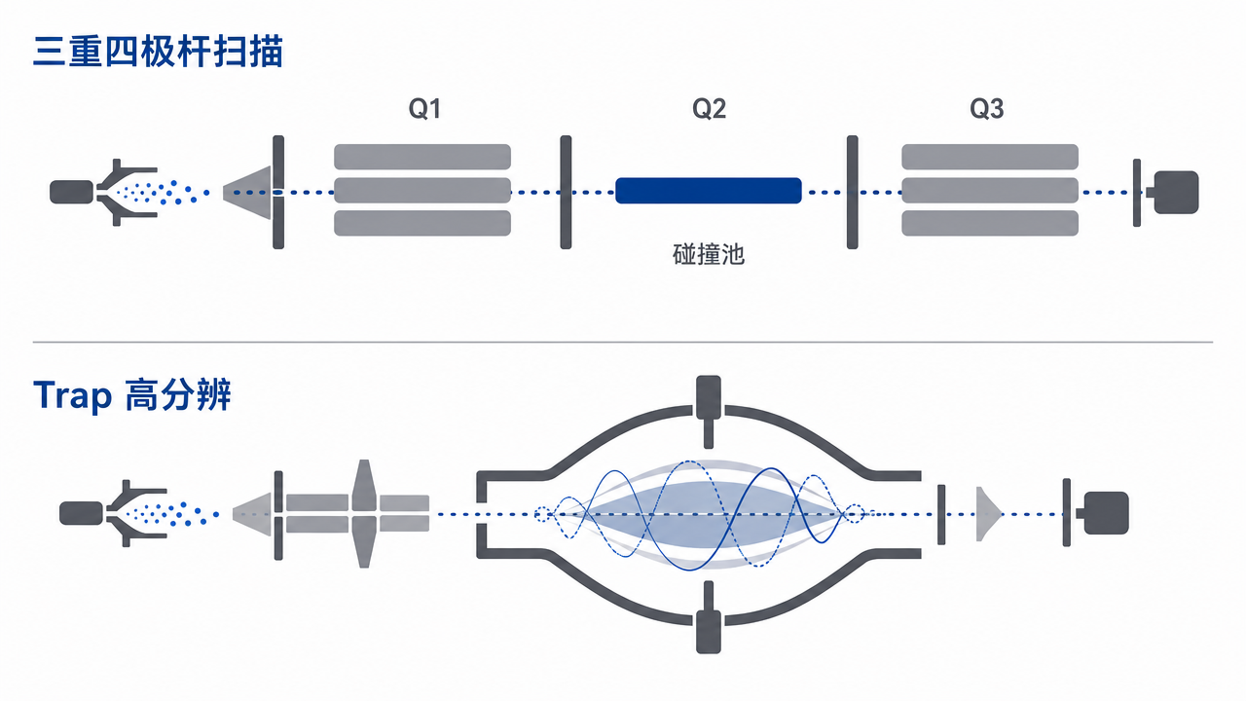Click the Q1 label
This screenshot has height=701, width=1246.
click(424, 108)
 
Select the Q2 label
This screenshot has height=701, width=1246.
click(709, 108)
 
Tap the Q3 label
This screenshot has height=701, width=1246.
click(986, 108)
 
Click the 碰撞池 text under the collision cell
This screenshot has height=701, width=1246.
click(708, 254)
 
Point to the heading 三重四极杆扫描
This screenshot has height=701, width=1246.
click(158, 52)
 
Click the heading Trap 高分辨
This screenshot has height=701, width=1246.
click(131, 395)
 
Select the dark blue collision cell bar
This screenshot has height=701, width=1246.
click(708, 190)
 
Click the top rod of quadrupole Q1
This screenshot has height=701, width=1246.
click(422, 157)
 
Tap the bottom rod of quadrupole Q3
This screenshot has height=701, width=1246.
click(990, 223)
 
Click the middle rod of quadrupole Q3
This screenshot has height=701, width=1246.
click(990, 190)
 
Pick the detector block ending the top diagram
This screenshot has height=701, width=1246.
click(1175, 193)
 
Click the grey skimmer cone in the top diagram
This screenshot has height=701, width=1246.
click(247, 193)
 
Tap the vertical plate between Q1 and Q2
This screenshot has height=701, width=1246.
click(566, 192)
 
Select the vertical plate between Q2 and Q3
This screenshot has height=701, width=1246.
click(852, 192)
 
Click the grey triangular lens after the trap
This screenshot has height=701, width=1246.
click(989, 514)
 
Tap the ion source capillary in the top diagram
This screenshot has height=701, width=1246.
click(72, 192)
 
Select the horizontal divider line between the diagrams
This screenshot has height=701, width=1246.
click(623, 342)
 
